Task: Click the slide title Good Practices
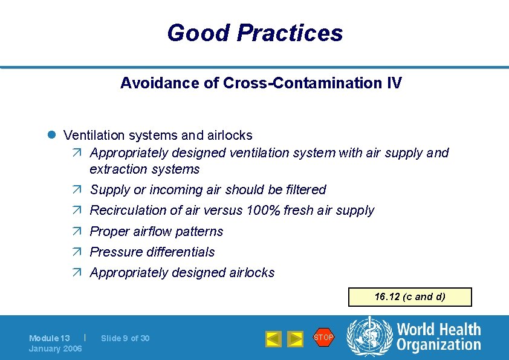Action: coord(254,33)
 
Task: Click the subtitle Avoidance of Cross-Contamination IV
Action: coord(261,83)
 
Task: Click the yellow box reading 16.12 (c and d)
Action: coord(409,297)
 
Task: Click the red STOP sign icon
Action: coord(323,337)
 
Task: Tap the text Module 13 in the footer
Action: coord(50,338)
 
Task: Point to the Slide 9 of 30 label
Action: coord(125,338)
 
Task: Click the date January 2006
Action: coord(55,349)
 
